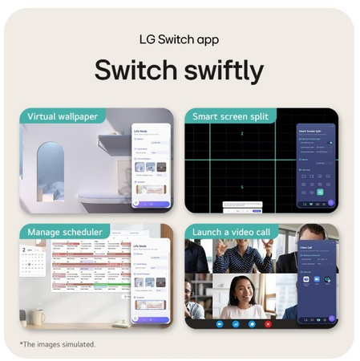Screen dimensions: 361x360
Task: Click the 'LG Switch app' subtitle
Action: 180,39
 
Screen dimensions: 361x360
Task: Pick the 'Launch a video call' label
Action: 233,232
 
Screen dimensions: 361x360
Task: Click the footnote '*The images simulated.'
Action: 57,344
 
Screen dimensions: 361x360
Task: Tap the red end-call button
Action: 268,324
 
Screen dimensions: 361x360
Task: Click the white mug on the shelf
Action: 37,316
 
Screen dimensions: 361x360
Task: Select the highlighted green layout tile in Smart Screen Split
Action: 320,192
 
